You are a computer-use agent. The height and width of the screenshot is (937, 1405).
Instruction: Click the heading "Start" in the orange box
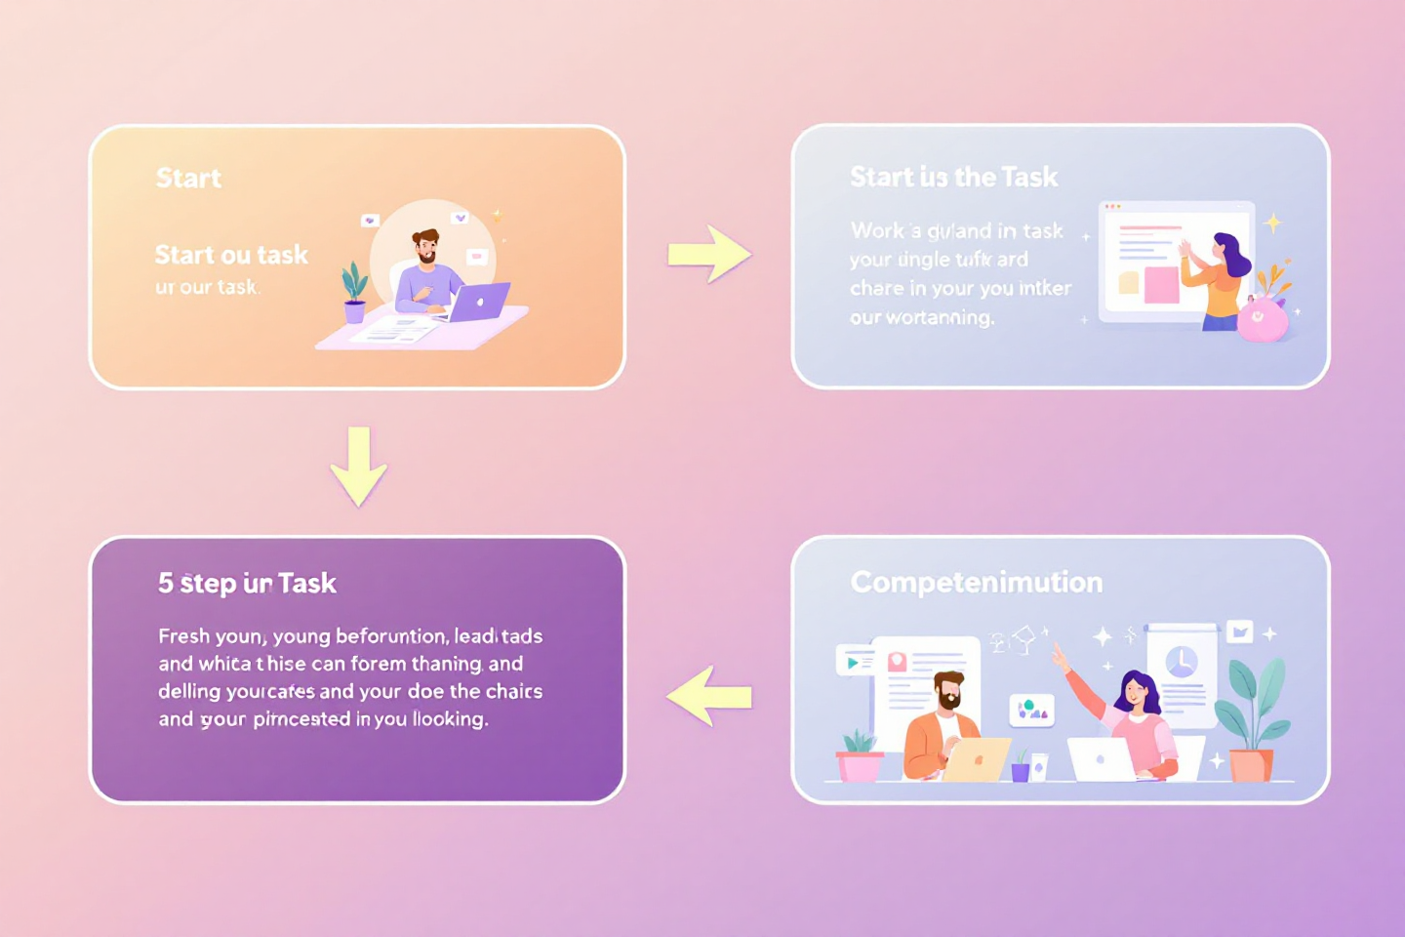188,178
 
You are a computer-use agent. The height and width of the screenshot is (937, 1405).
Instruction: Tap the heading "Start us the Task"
953,177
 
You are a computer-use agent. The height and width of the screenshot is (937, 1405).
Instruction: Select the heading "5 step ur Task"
247,583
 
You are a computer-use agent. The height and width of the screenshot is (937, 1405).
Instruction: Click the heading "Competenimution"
976,582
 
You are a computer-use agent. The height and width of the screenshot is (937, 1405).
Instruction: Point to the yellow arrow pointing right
709,255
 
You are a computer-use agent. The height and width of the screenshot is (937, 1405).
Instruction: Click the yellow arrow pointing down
358,466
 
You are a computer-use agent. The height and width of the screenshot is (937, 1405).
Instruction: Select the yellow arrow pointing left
709,696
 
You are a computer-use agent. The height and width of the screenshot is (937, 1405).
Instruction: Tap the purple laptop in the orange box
479,302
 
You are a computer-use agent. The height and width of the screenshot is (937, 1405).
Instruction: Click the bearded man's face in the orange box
425,246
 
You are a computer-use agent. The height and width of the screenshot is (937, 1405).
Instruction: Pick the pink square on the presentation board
1161,285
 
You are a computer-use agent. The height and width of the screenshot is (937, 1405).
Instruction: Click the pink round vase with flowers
1262,318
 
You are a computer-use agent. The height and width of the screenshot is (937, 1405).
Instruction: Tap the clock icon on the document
1181,662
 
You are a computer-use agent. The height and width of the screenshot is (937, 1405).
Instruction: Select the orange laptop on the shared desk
977,759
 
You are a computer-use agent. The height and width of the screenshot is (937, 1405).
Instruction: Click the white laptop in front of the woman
1103,758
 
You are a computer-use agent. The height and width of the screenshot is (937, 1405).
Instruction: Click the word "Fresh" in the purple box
183,636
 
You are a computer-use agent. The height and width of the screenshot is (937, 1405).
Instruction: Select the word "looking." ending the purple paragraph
450,719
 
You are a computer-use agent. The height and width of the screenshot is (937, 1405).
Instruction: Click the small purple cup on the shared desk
1020,770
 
